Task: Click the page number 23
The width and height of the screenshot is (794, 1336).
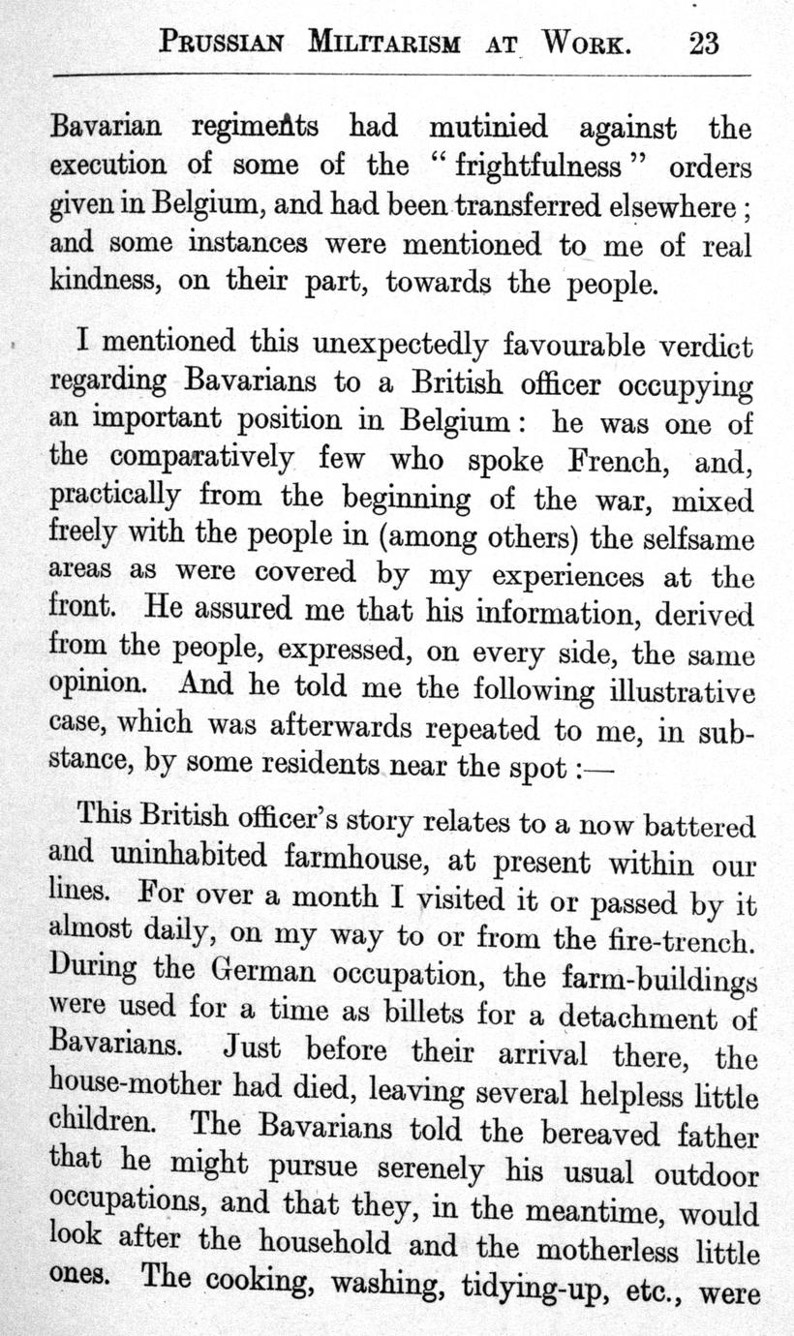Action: [704, 43]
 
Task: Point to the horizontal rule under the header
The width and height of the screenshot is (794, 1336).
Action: [402, 74]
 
